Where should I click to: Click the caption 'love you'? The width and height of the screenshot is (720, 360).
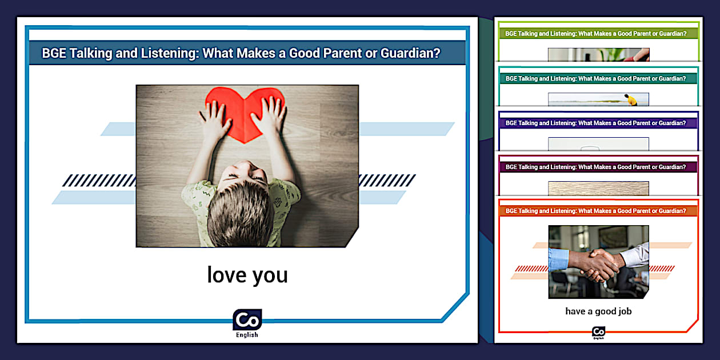[x=247, y=275]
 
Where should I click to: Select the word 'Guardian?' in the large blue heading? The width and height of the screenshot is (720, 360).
[x=410, y=53]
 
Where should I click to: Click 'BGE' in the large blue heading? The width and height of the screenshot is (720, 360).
[x=54, y=53]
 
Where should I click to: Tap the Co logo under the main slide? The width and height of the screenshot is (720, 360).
[x=247, y=319]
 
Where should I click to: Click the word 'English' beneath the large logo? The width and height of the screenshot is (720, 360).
[x=247, y=335]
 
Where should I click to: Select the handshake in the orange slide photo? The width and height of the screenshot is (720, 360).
[x=598, y=263]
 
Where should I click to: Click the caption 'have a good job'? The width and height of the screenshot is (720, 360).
[x=598, y=311]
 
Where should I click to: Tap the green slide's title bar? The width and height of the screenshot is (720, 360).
[x=598, y=33]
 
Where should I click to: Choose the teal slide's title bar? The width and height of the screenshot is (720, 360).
[x=598, y=78]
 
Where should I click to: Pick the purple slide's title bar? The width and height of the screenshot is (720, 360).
[x=598, y=123]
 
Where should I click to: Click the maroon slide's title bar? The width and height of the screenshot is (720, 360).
[x=598, y=167]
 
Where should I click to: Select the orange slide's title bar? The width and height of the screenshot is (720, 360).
[x=598, y=211]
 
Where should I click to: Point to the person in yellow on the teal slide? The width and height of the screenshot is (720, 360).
[x=631, y=100]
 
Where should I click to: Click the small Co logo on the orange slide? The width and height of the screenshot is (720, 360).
[x=598, y=332]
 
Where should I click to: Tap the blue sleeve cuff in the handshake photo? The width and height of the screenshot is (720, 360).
[x=558, y=259]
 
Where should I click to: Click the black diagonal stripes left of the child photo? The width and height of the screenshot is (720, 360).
[x=99, y=181]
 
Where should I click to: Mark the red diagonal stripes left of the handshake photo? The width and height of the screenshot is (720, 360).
[x=531, y=269]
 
